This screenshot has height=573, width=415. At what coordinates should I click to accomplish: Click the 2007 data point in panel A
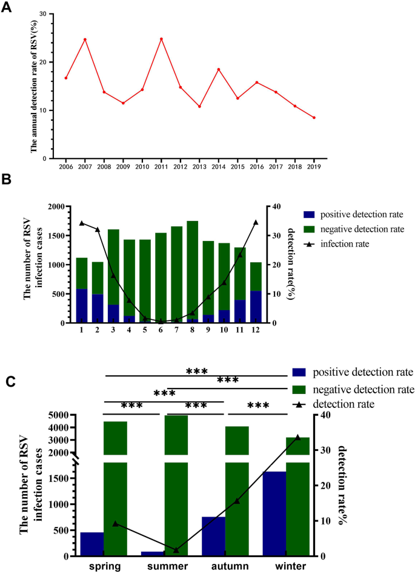click(85, 39)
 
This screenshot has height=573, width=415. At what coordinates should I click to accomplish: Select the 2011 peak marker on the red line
click(161, 39)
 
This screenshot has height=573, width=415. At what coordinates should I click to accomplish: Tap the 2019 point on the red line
click(314, 118)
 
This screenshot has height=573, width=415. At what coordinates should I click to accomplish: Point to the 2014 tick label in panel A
click(218, 165)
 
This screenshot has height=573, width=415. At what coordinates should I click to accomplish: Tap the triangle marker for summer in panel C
click(176, 550)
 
